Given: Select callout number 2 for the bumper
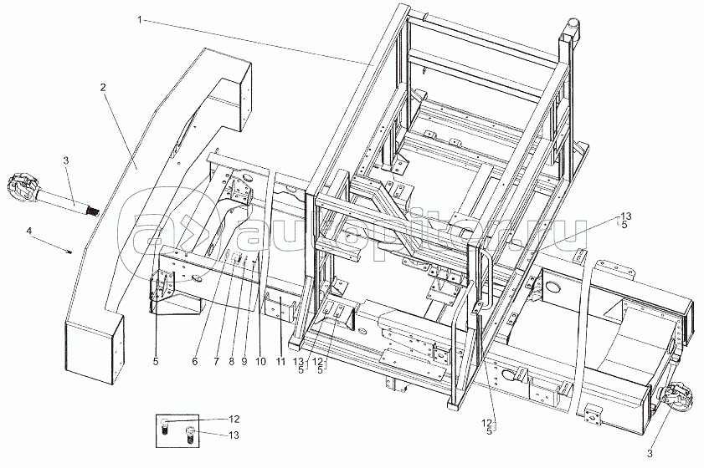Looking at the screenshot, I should click(x=104, y=87).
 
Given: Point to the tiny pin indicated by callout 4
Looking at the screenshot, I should click(x=72, y=251).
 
